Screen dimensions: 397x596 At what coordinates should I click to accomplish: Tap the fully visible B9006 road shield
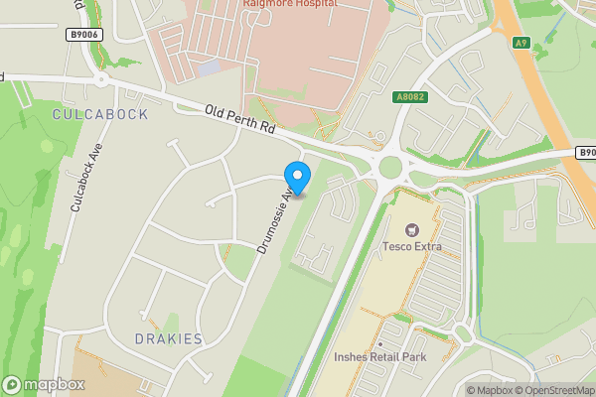85,34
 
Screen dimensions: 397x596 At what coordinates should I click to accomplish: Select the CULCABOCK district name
99,114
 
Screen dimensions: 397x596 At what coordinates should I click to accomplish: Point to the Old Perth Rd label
240,120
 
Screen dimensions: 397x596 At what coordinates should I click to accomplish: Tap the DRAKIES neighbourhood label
168,339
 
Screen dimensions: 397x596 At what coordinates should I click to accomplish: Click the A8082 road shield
410,97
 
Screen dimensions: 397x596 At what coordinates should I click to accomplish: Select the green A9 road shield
521,42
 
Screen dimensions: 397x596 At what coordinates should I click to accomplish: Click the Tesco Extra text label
412,246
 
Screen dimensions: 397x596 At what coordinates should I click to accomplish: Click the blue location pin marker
297,178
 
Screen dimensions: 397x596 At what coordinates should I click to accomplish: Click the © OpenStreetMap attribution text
553,390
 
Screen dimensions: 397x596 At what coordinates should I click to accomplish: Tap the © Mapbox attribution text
488,390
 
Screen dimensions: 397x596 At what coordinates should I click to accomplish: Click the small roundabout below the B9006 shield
100,79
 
